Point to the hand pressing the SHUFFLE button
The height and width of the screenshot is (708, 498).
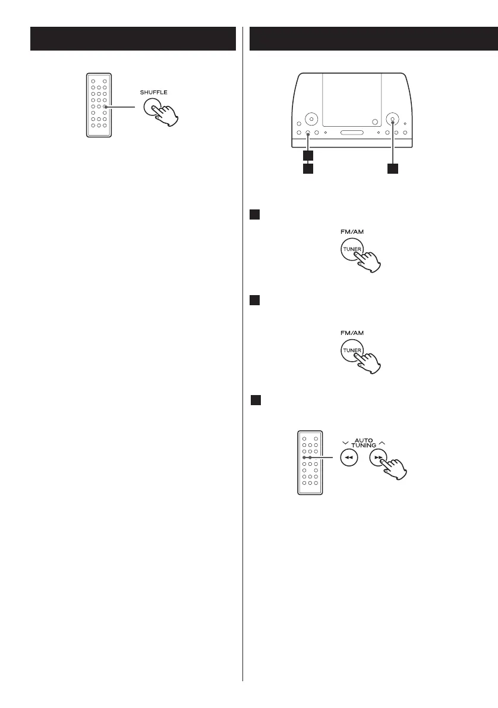[x=166, y=115]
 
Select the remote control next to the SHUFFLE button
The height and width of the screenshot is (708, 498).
[x=99, y=105]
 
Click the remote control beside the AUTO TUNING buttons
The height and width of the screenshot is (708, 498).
[x=310, y=462]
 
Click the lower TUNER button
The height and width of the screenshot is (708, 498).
[x=351, y=350]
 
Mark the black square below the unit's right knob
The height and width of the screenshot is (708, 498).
[x=392, y=169]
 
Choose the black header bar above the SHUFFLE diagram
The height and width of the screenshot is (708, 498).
[x=133, y=39]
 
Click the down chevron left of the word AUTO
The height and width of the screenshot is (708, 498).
[x=345, y=441]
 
